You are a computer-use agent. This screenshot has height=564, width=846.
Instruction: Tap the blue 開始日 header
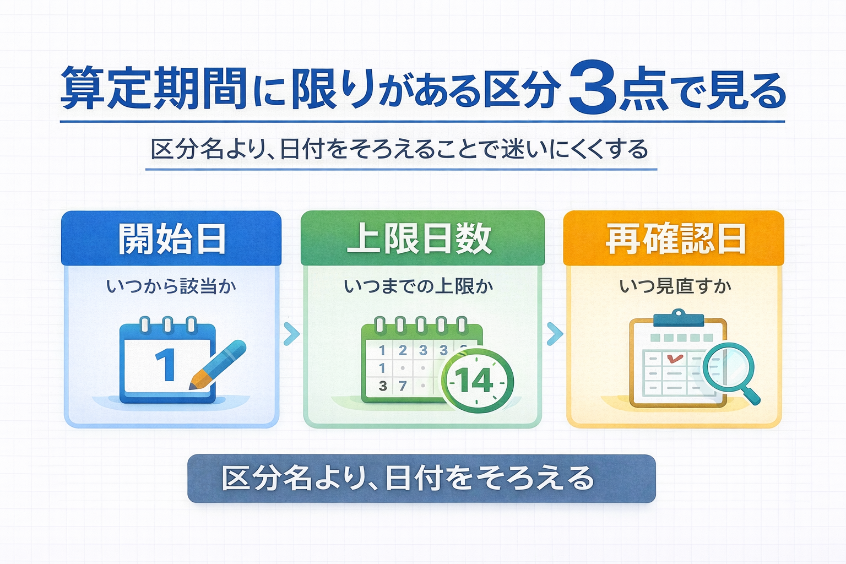pos(172,239)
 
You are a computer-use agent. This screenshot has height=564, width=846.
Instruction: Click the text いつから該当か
pos(171,286)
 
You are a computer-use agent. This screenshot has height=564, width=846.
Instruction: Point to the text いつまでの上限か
pos(419,286)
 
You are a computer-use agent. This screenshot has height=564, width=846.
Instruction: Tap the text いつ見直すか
pos(675,286)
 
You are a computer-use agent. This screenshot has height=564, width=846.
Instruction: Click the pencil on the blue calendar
pos(217,365)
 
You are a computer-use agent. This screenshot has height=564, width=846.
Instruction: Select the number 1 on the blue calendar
pos(165,365)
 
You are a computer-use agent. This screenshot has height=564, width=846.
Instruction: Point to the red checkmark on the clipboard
pos(674,358)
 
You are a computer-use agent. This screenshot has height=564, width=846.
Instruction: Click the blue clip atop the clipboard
pos(678,318)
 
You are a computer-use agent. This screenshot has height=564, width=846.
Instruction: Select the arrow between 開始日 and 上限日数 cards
pos(291,334)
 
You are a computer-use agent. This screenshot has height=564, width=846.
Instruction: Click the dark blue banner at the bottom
pos(421,478)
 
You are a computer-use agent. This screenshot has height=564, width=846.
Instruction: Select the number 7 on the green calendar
pos(403,386)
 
